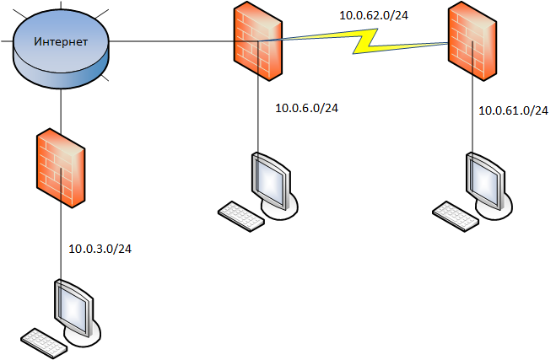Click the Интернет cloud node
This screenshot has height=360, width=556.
(62, 52)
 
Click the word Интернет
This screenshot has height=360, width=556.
(61, 41)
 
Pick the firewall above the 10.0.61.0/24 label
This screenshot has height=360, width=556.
(472, 42)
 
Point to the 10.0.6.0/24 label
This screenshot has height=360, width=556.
(307, 108)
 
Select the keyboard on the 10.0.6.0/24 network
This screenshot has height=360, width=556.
(240, 215)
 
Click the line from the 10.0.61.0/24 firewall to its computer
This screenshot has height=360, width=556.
(472, 118)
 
